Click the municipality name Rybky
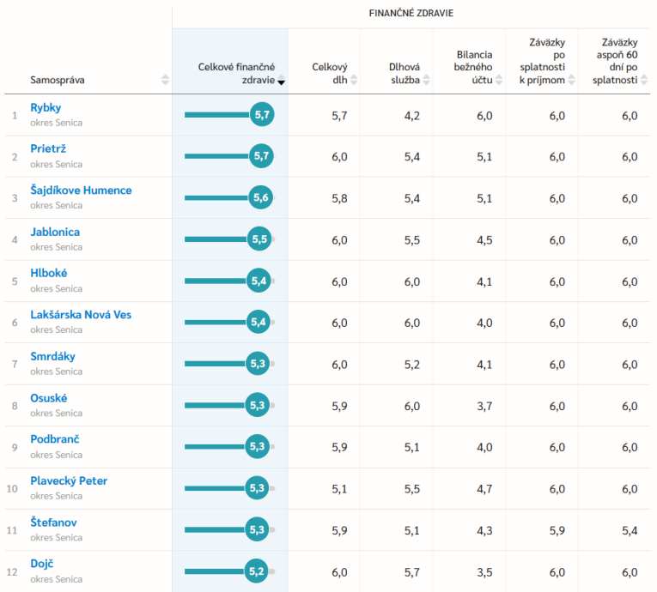point(46,107)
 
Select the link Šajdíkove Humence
point(81,190)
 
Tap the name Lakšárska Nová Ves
point(81,315)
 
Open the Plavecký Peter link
point(69,480)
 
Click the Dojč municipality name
point(42,564)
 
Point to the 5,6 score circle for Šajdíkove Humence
point(261,198)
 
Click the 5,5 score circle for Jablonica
point(259,239)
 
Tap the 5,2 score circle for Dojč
point(257,571)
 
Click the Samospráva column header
point(58,80)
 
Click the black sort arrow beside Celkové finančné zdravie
point(282,82)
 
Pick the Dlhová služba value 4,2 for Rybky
point(411,116)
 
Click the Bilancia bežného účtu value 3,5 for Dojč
point(484,571)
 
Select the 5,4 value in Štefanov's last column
point(630,530)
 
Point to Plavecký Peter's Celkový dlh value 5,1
point(339,489)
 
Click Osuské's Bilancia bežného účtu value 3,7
point(484,406)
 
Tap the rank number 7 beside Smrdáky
point(14,365)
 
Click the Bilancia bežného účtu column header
point(474,67)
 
